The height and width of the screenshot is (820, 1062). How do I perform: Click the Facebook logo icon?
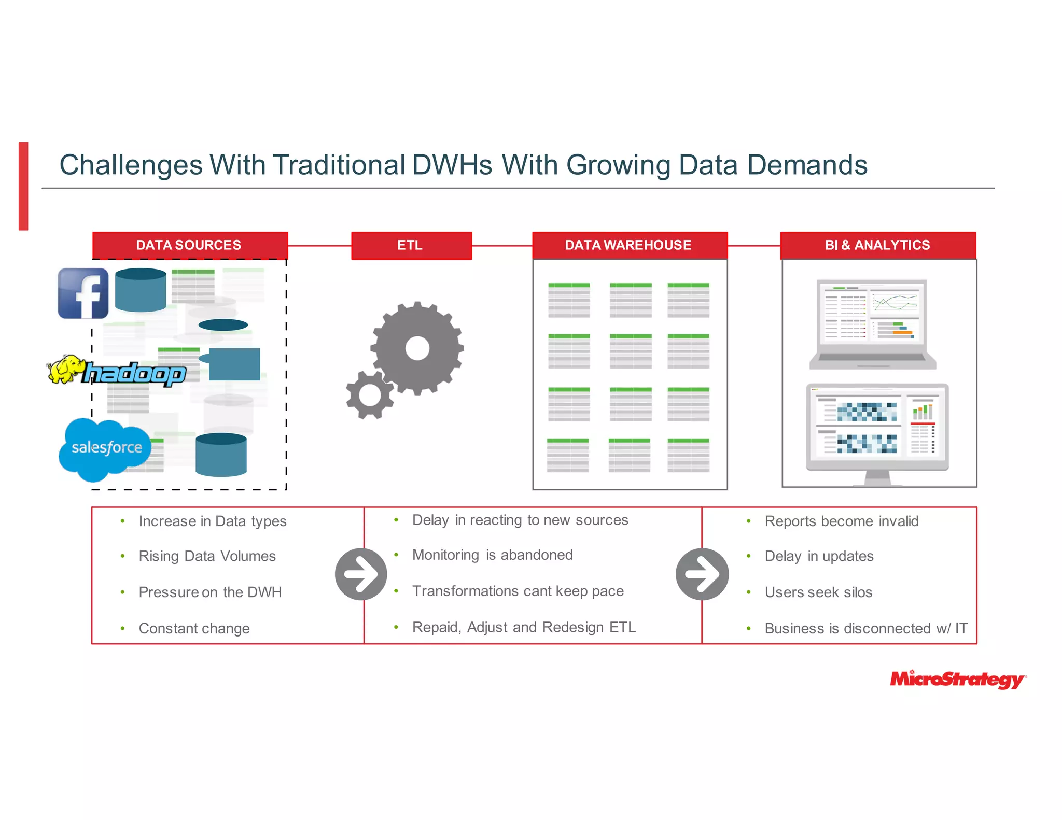pyautogui.click(x=83, y=293)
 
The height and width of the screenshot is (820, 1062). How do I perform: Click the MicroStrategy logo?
pyautogui.click(x=957, y=679)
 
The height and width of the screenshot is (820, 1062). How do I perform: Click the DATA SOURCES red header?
pyautogui.click(x=190, y=245)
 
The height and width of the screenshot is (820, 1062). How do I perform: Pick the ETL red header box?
pyautogui.click(x=411, y=245)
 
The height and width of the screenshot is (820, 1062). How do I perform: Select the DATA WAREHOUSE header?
pyautogui.click(x=630, y=245)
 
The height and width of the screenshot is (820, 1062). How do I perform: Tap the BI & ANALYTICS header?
pyautogui.click(x=878, y=245)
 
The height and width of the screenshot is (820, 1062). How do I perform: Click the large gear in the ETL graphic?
pyautogui.click(x=417, y=348)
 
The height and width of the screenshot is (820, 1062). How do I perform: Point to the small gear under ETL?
pyautogui.click(x=370, y=395)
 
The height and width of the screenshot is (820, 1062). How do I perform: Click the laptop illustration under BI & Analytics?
pyautogui.click(x=872, y=324)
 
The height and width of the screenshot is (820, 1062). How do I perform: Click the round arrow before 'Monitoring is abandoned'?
pyautogui.click(x=361, y=574)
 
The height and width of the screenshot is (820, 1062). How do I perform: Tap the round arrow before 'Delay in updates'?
pyautogui.click(x=702, y=574)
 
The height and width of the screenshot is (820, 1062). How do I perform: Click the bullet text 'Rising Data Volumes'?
pyautogui.click(x=207, y=556)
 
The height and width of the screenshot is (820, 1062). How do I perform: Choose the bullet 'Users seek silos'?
pyautogui.click(x=818, y=592)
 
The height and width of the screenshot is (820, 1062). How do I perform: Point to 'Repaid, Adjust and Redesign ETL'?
pyautogui.click(x=524, y=627)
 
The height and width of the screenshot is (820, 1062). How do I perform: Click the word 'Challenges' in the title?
pyautogui.click(x=131, y=165)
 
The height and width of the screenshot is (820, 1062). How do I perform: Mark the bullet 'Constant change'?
pyautogui.click(x=194, y=629)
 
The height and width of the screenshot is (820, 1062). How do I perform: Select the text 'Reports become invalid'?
pyautogui.click(x=841, y=521)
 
